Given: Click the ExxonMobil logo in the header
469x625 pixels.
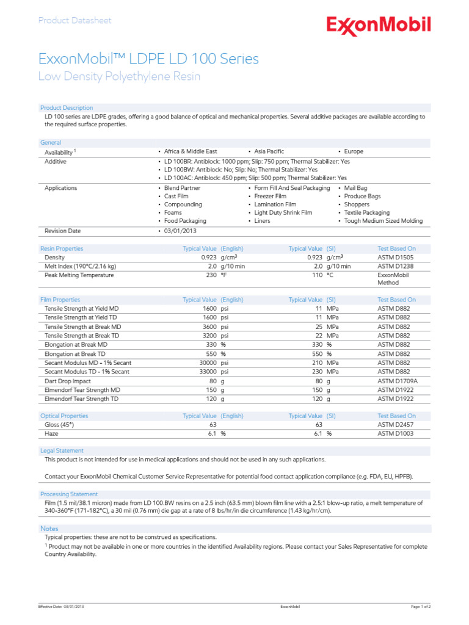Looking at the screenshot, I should coord(378,25).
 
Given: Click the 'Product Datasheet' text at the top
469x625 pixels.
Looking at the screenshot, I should coord(75,21).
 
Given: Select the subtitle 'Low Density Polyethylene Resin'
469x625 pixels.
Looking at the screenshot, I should coord(119,77).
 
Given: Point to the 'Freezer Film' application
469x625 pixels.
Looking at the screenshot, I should coord(270,197).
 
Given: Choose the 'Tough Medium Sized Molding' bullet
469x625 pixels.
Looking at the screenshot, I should coord(383,221).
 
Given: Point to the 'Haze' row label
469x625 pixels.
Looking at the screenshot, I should coord(52,433).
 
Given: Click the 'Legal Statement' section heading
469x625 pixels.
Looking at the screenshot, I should coord(62,450).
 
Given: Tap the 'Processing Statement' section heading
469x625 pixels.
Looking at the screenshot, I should coord(69,494).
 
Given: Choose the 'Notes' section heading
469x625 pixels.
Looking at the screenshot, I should coord(49,528).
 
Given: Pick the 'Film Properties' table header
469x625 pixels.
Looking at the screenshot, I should coord(60,300).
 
